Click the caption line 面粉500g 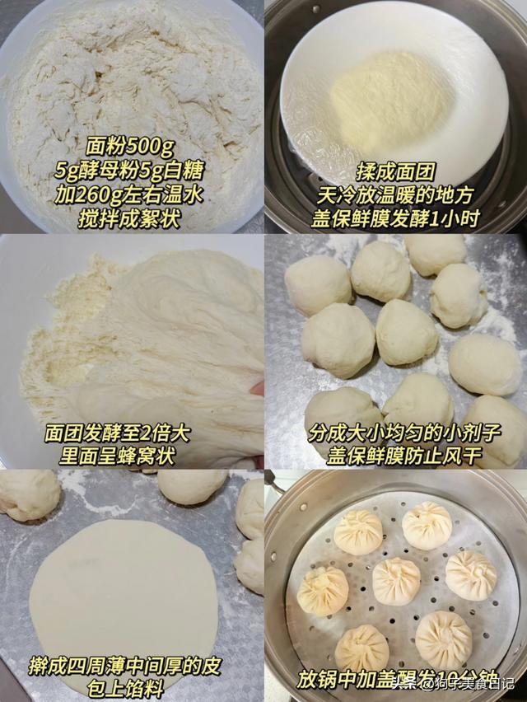(130, 147)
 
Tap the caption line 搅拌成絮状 (130, 219)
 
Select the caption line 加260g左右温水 (130, 194)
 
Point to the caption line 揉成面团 (395, 171)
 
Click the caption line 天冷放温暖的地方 (395, 195)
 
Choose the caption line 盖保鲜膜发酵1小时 (395, 219)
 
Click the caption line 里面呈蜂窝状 (118, 456)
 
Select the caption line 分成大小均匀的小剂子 (403, 433)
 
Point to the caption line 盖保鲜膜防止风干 (403, 456)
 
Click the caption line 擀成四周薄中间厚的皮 (125, 667)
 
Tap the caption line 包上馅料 (125, 689)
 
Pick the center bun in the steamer (396, 582)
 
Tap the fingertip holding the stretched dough (258, 388)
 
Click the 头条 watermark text (404, 684)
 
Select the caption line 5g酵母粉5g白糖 (130, 171)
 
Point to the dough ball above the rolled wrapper (192, 487)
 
